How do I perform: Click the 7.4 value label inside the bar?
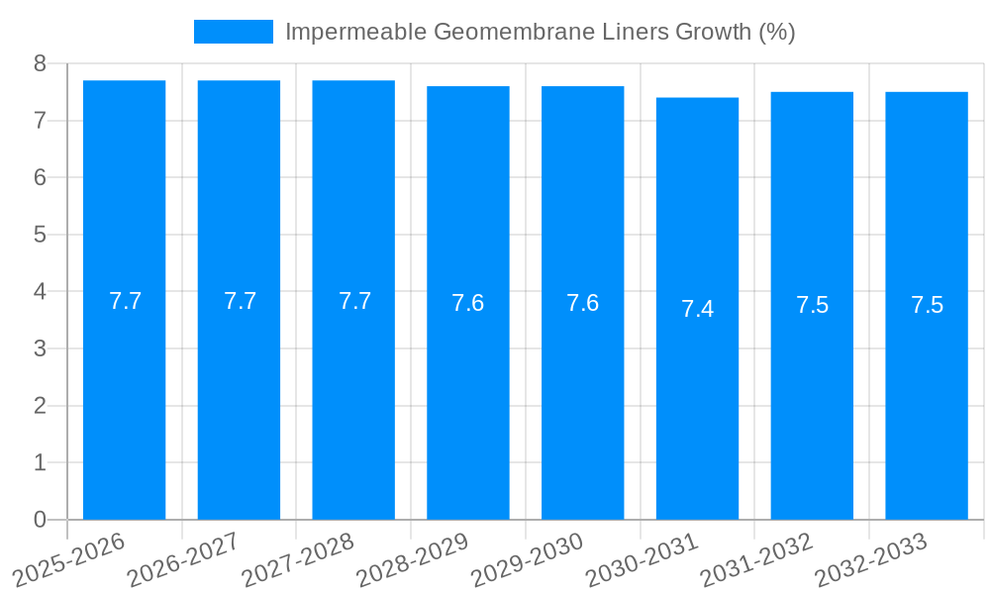(x=697, y=309)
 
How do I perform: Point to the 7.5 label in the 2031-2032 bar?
(x=812, y=305)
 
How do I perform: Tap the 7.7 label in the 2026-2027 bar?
(x=240, y=301)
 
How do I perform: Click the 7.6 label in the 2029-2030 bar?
(x=582, y=303)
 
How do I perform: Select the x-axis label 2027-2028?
(x=298, y=558)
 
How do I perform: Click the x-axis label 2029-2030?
(x=528, y=558)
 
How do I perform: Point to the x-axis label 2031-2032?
(x=756, y=558)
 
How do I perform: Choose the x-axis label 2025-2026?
(x=69, y=558)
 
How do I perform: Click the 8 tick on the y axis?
(x=40, y=63)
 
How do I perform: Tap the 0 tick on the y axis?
(x=40, y=520)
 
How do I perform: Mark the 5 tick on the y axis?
(x=40, y=235)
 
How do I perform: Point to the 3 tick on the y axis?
(x=40, y=348)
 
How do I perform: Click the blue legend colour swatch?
(x=233, y=32)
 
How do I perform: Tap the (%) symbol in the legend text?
(x=776, y=32)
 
